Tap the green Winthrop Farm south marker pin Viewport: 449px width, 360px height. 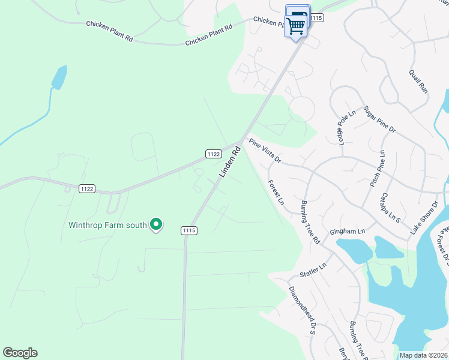coord(156,225)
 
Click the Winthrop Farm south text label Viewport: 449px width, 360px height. coord(107,226)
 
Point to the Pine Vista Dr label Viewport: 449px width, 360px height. coord(265,151)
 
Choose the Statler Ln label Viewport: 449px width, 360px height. coord(313,269)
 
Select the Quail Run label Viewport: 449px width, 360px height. coord(418,80)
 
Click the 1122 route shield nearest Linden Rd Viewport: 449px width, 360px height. coord(213,154)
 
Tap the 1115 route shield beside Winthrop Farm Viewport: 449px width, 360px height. coord(188,230)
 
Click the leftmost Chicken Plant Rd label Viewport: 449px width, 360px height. coord(109,31)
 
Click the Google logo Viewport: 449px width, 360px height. coord(20,353)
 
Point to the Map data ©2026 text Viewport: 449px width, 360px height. coord(423,355)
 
